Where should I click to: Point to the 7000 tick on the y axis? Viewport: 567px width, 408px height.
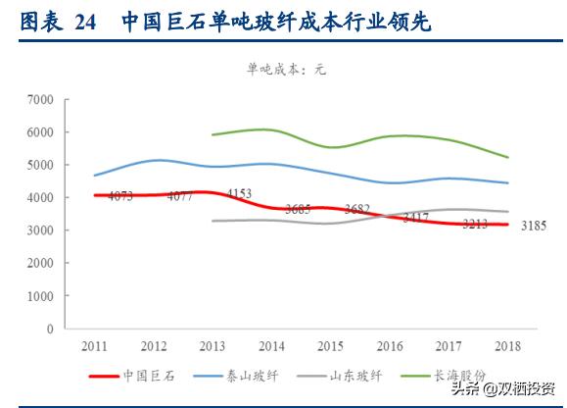pyautogui.click(x=40, y=99)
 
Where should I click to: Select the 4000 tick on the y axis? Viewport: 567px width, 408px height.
pyautogui.click(x=40, y=197)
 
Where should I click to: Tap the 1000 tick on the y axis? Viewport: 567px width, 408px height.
pyautogui.click(x=40, y=295)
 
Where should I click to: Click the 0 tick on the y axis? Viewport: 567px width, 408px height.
pyautogui.click(x=49, y=329)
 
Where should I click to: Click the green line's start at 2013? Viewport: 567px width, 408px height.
pyautogui.click(x=213, y=135)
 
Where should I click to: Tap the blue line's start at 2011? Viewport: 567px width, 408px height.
pyautogui.click(x=95, y=176)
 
